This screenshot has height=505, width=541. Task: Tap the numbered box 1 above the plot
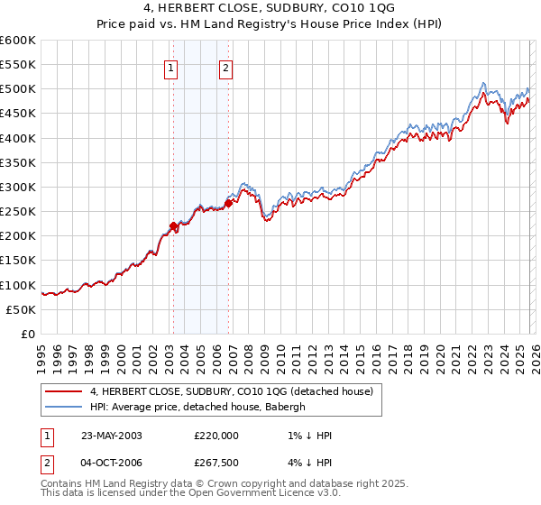[171, 66]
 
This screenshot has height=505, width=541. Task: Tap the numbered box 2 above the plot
[225, 66]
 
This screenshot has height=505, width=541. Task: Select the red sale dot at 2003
[173, 226]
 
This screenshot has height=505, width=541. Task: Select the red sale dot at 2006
[228, 203]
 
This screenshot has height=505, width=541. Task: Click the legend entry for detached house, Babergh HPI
[198, 407]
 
